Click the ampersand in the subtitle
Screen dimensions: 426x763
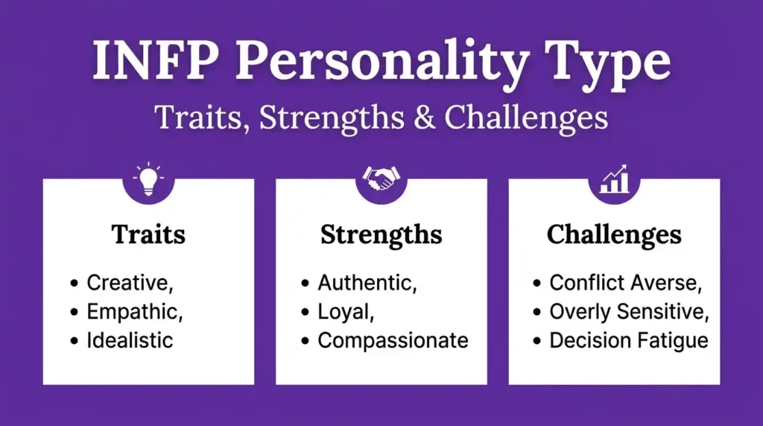coord(422,118)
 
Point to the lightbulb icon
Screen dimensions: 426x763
coord(148,179)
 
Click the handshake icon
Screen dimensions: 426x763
coord(381,179)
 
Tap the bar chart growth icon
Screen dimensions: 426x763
coord(613,179)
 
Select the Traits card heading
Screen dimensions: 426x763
coord(148,235)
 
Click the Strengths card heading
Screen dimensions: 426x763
coord(381,235)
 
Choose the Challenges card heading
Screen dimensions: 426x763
coord(613,235)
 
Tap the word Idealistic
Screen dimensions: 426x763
coord(130,341)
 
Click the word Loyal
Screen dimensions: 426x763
coord(345,312)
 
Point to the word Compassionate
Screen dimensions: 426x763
coord(393,341)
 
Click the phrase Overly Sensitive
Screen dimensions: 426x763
coord(629,312)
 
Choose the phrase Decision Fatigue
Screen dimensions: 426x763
coord(628,341)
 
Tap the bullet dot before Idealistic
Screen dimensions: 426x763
coord(74,342)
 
